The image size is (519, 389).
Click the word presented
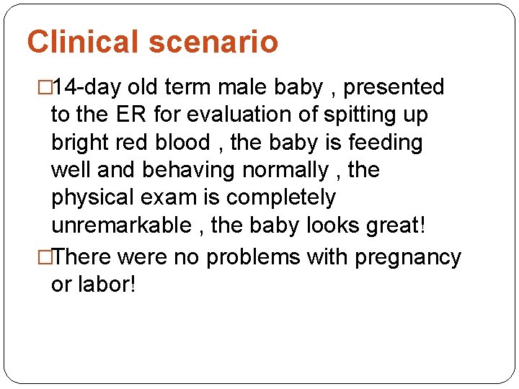pyautogui.click(x=394, y=88)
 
